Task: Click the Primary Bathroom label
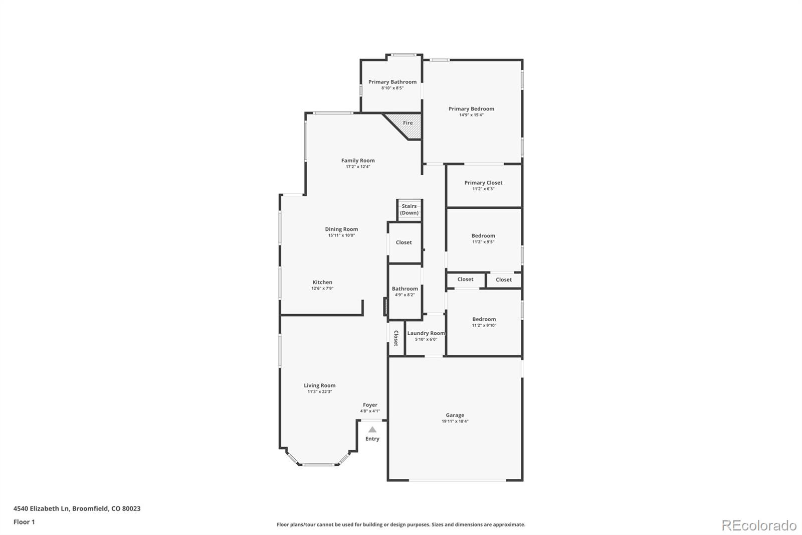coord(392,82)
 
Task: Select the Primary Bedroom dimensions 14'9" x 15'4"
coord(471,115)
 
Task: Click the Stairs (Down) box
coord(410,210)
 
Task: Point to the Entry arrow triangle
coord(372,430)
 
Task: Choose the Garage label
coord(455,415)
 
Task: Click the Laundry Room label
coord(426,333)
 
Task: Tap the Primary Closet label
coord(483,183)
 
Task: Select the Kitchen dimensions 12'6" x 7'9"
coord(322,289)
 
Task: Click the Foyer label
coord(370,405)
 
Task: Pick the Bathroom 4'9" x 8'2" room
coord(405,292)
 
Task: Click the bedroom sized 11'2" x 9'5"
coord(483,239)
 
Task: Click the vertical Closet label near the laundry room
coord(396,338)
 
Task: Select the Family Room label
coord(358,161)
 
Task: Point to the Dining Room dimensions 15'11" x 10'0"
coord(341,235)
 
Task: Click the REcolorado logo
coord(758,525)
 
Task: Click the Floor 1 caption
coord(24,522)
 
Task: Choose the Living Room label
coord(319,385)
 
